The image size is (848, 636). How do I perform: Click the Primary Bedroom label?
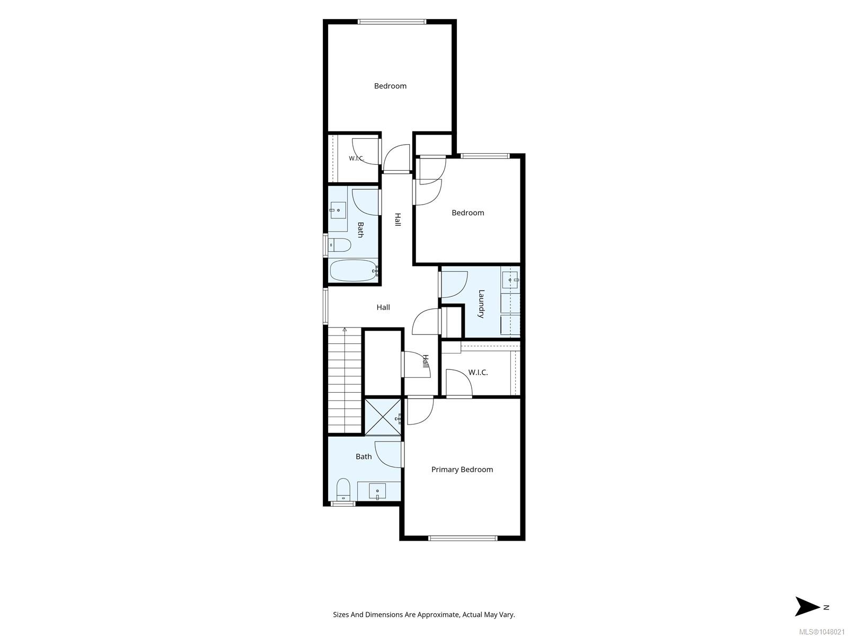[462, 470]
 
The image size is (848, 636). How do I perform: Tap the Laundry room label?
[481, 304]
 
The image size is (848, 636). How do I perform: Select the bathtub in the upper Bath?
[353, 270]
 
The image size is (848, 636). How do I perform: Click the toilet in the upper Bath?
[339, 245]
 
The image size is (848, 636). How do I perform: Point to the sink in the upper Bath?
[337, 210]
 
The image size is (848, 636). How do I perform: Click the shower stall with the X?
[383, 417]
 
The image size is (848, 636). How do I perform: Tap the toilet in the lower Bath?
[343, 489]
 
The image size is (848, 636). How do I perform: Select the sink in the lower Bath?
[377, 492]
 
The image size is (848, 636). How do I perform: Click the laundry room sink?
[511, 280]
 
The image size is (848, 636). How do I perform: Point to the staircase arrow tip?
[344, 329]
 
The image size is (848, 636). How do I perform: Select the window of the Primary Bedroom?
[463, 537]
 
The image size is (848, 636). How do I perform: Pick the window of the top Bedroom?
[392, 22]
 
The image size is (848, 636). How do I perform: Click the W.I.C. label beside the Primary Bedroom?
[478, 373]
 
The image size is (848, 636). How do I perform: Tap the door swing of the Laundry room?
[454, 285]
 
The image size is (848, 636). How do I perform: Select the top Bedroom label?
[390, 86]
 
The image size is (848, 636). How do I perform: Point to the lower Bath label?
[364, 456]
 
